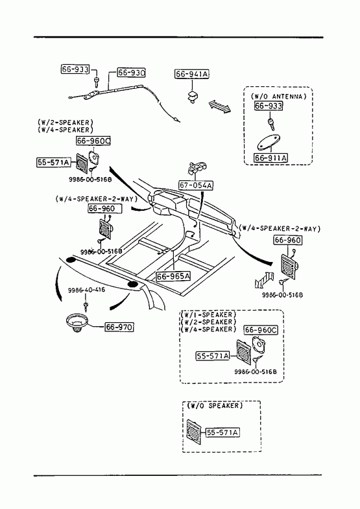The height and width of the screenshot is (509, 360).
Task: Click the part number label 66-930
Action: click(131, 73)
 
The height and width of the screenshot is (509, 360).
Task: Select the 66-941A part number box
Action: click(192, 74)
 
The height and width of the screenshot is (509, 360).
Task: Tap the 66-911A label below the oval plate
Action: click(271, 158)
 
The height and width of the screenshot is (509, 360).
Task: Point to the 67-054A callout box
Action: click(196, 185)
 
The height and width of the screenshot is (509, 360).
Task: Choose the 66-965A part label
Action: click(173, 276)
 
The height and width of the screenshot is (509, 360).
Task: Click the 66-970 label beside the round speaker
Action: click(119, 327)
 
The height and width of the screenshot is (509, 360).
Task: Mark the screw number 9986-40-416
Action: click(86, 290)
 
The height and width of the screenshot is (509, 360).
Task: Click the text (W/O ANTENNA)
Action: click(278, 97)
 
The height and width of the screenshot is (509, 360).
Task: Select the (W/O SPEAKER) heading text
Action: click(215, 405)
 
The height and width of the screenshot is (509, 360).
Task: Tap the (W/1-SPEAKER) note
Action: click(208, 314)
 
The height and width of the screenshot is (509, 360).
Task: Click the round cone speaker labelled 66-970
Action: click(77, 322)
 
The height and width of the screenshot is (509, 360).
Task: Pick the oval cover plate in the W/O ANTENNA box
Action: click(268, 142)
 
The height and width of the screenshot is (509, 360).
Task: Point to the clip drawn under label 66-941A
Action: click(193, 97)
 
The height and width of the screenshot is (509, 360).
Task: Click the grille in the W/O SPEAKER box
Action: click(194, 432)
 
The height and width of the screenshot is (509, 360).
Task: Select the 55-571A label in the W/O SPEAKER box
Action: click(222, 432)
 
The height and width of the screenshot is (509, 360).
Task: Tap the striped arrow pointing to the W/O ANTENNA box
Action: click(220, 106)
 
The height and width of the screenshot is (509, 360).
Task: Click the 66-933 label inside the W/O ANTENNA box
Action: click(269, 106)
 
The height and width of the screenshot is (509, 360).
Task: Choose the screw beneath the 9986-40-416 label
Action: click(86, 306)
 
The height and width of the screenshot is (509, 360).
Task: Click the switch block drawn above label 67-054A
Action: click(197, 167)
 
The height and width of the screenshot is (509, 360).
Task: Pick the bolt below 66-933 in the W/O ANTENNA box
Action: click(270, 123)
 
